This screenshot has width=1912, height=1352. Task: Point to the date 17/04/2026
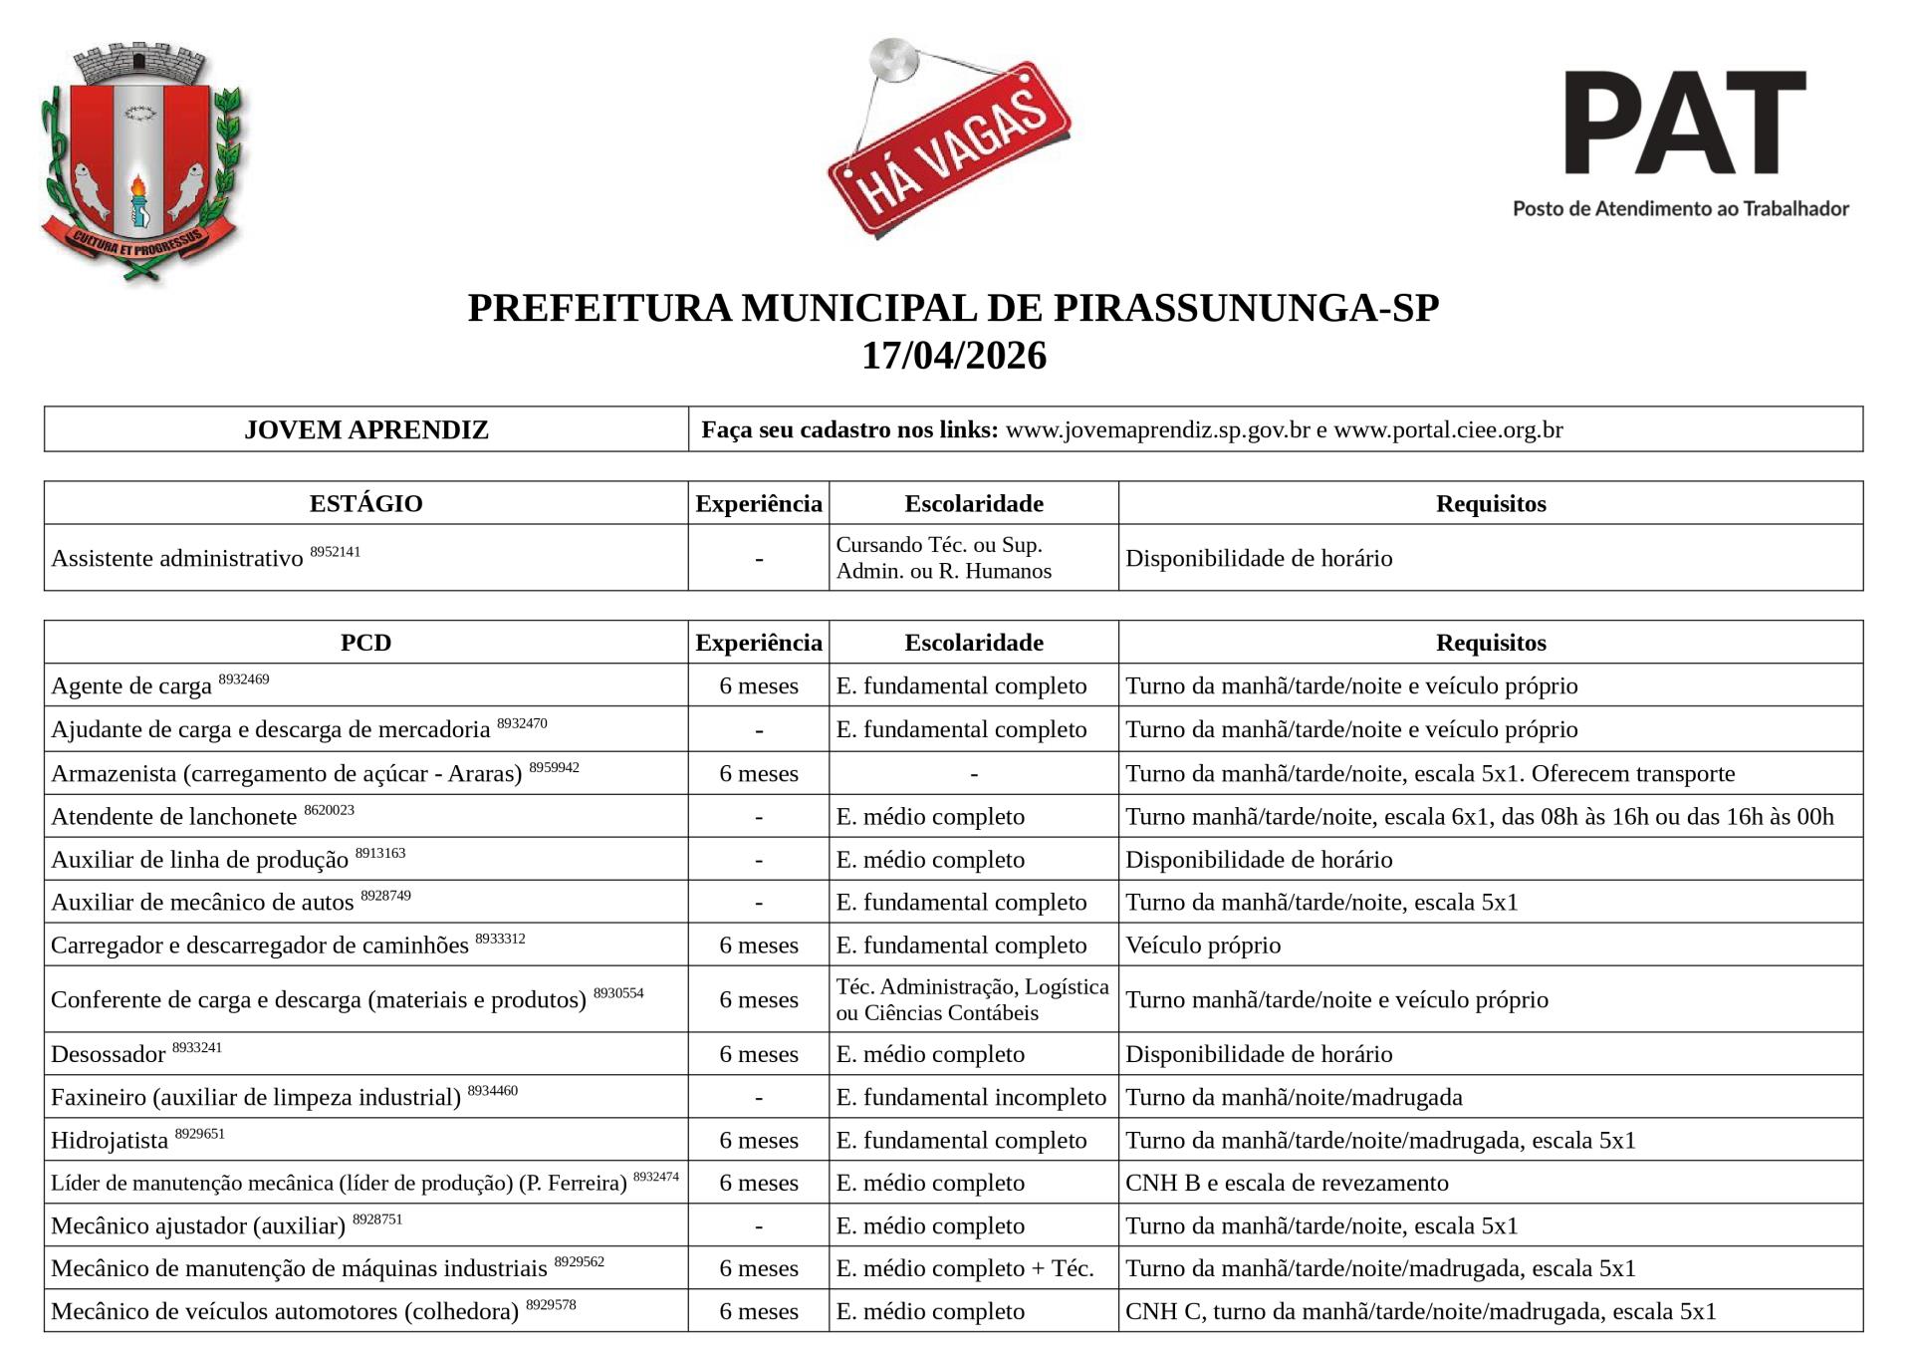point(953,356)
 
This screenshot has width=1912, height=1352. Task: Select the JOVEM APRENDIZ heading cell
point(366,429)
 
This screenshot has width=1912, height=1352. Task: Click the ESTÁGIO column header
point(365,503)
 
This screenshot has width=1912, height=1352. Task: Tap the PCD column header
point(365,643)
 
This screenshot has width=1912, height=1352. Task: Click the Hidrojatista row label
point(110,1140)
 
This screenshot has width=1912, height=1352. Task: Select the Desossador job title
point(108,1054)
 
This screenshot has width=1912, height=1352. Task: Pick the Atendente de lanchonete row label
point(174,817)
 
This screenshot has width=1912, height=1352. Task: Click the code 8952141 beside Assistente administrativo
point(335,551)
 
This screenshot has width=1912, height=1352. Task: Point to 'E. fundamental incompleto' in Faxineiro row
point(971,1097)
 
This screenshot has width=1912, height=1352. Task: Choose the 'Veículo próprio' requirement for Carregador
point(1203,946)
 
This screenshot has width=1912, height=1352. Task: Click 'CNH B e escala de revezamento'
point(1287,1183)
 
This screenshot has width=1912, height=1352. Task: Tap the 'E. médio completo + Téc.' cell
point(965,1268)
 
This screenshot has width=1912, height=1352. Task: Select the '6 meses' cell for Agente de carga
point(759,685)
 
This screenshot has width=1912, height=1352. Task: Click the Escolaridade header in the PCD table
point(973,643)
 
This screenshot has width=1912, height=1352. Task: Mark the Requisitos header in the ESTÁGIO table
point(1490,503)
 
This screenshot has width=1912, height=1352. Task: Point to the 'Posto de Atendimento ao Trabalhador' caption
point(1680,208)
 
